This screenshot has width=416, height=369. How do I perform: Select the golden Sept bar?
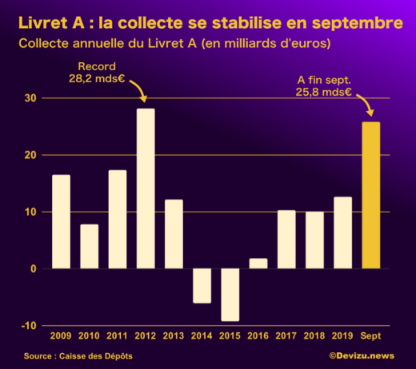370,195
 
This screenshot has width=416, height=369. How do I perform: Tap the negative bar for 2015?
230,295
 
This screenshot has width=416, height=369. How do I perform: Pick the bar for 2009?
61,221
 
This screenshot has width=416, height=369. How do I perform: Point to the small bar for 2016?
258,264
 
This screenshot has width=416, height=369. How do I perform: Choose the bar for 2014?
202,286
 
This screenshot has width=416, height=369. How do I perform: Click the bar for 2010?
90,246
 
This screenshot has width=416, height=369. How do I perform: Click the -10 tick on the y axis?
29,326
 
